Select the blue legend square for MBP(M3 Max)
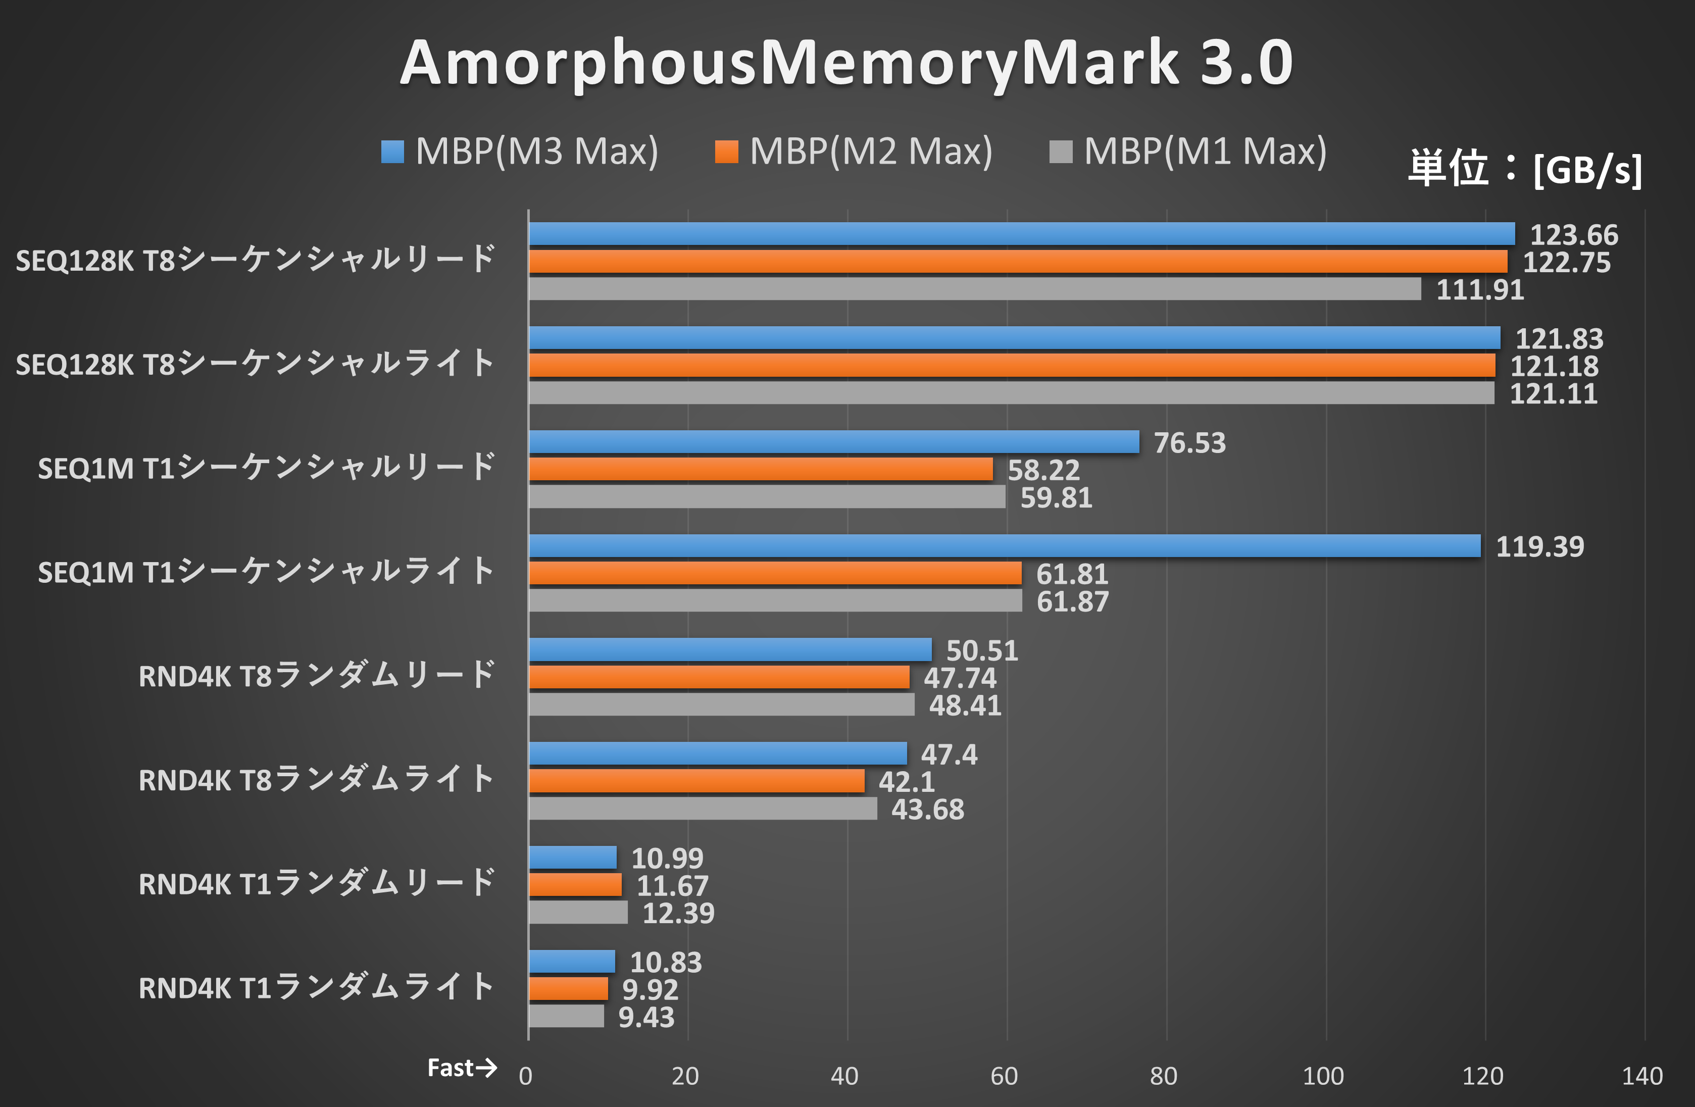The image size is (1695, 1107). [392, 152]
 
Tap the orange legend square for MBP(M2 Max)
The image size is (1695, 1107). [726, 152]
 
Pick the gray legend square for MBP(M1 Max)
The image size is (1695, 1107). [1061, 152]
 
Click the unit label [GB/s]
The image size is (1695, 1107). [1587, 170]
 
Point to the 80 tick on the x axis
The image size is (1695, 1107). [1164, 1076]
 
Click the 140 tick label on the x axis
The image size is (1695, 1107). [1641, 1076]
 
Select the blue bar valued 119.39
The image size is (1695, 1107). [1004, 546]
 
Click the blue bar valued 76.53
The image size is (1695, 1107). [833, 442]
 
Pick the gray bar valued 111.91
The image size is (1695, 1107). [974, 289]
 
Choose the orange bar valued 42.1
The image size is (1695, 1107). [696, 781]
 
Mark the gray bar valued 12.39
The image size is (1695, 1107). [578, 913]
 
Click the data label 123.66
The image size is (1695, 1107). [1574, 235]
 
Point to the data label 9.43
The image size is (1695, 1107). [646, 1017]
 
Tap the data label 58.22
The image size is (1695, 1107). [1043, 470]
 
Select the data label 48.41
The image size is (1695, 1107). [965, 706]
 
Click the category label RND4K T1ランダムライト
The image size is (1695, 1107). [316, 987]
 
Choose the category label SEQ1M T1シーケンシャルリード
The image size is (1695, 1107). [266, 468]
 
